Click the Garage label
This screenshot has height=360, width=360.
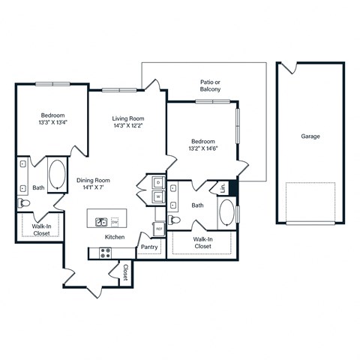click(x=310, y=136)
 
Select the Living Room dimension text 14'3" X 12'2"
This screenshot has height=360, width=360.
click(x=128, y=127)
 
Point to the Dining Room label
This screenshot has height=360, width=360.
click(x=93, y=180)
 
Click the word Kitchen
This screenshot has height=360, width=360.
click(x=114, y=237)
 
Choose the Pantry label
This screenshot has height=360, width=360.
click(x=148, y=245)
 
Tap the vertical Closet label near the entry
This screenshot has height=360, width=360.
click(x=125, y=272)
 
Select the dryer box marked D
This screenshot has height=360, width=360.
click(x=158, y=182)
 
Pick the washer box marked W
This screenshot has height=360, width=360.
click(x=158, y=197)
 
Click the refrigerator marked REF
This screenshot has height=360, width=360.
click(x=159, y=228)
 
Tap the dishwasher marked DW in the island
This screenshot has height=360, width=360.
click(x=114, y=222)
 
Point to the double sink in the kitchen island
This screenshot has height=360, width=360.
click(x=100, y=222)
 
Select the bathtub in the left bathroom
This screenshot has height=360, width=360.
click(x=57, y=175)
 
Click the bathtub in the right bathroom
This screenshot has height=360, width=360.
click(x=226, y=213)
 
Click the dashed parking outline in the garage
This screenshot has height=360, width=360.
click(x=310, y=202)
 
